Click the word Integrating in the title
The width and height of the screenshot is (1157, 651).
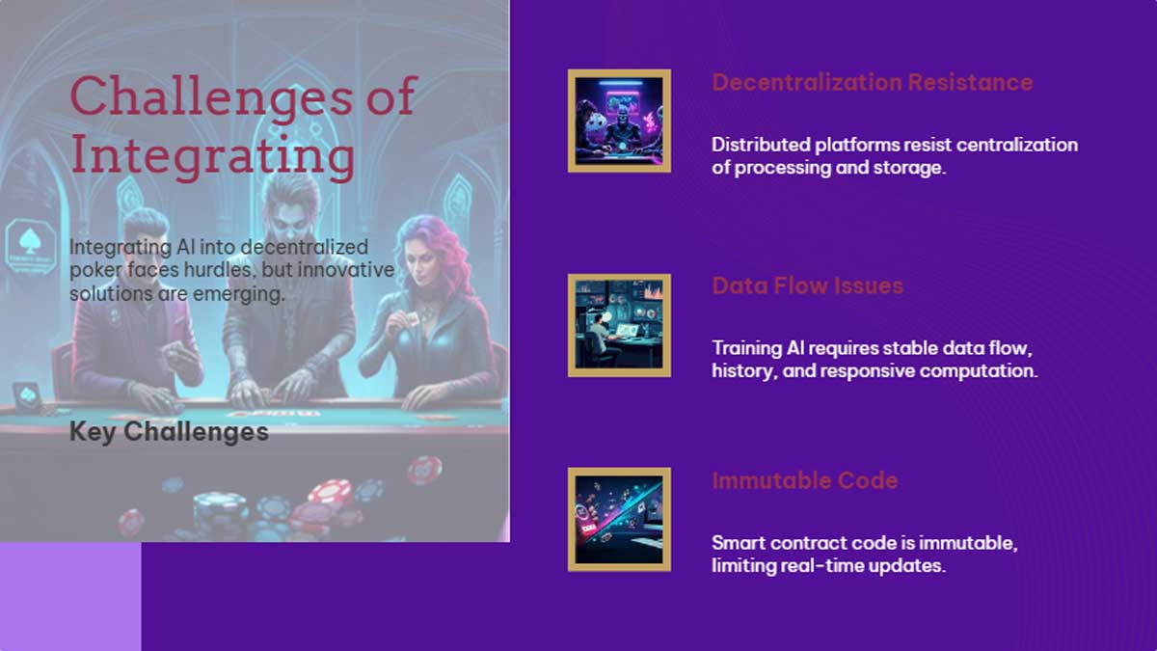(212, 156)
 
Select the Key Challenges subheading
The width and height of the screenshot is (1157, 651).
(169, 431)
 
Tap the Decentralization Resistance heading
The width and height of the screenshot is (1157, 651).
(872, 83)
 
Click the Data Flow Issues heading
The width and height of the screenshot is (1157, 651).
(807, 285)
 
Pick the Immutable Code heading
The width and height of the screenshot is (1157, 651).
(804, 480)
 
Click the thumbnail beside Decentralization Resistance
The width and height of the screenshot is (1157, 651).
(619, 122)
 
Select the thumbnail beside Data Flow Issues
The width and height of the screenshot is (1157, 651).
(619, 325)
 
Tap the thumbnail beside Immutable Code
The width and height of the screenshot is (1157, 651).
(619, 519)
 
